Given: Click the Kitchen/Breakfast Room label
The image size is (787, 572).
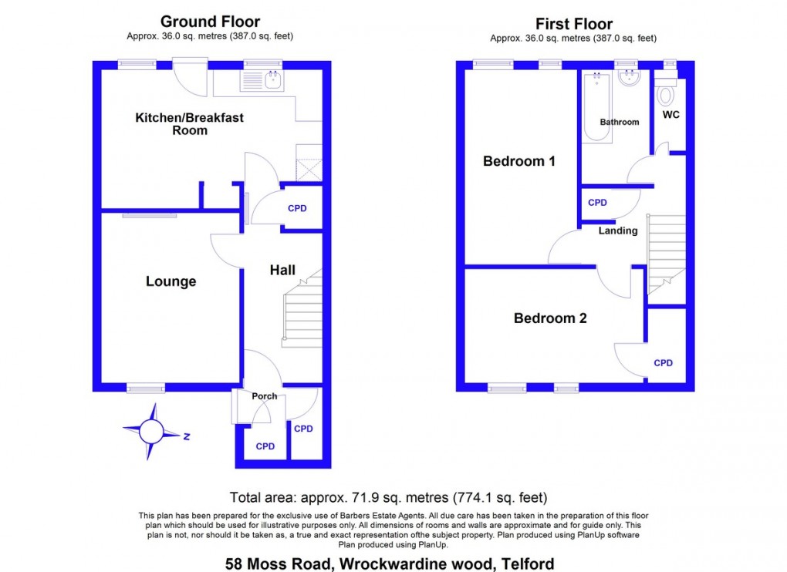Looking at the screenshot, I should click(190, 124).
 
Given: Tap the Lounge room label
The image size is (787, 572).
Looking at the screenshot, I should click(171, 281).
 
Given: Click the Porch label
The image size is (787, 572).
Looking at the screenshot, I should click(264, 396).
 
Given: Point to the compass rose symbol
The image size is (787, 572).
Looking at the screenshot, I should click(152, 432).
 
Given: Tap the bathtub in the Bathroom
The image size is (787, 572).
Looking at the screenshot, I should click(597, 107).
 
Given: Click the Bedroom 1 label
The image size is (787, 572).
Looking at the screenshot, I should click(519, 161).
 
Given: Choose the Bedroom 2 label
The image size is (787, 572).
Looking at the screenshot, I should click(550, 318).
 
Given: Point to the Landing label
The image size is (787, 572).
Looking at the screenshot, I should click(619, 230).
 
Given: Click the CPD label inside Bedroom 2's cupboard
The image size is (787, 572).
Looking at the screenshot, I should click(663, 363).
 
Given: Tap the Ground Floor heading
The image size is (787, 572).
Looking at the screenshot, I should click(210, 22).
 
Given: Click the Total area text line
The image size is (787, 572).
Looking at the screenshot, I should click(389, 497).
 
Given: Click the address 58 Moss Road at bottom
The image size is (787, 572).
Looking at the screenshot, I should click(389, 564).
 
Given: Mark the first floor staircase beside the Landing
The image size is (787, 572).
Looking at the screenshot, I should click(667, 251).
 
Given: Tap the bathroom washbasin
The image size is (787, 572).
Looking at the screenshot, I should click(630, 78).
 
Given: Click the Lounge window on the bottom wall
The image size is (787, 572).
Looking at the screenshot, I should click(146, 389).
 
